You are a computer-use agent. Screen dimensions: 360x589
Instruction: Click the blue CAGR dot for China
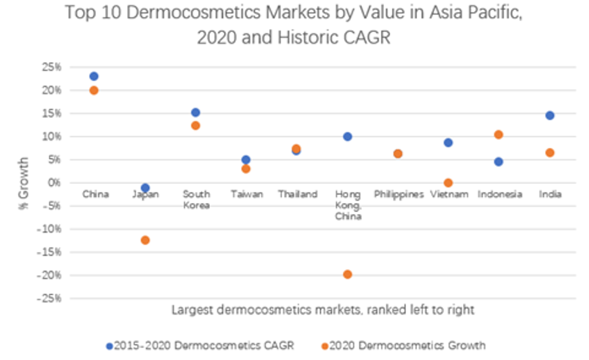coord(94,76)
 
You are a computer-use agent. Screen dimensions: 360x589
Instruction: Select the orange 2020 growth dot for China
coord(94,90)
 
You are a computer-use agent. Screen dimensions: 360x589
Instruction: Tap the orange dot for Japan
coord(145,240)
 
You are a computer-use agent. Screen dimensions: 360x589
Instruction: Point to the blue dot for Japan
coord(145,188)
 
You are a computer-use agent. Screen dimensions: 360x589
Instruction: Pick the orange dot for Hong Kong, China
coord(347,274)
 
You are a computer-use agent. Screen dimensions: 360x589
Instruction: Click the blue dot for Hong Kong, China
coord(347,137)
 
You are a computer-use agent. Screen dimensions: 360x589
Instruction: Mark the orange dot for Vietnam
coord(448,183)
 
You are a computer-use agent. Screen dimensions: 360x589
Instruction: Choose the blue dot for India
coord(549,116)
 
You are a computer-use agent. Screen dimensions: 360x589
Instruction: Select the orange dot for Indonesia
coord(499,135)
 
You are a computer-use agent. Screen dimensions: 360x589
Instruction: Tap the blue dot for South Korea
coord(196,113)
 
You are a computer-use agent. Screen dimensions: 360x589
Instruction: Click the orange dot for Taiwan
coord(246,168)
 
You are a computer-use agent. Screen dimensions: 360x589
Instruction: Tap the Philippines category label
coord(398,194)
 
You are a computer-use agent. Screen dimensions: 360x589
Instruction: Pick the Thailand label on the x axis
coord(297,194)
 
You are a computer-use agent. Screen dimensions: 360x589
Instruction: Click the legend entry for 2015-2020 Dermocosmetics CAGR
coord(201,346)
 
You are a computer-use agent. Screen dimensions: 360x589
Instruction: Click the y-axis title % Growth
coord(24,183)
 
